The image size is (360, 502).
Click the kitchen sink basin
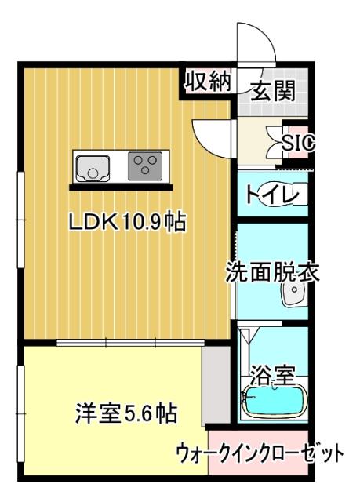tap(92, 167)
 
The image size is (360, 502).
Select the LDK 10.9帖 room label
tap(126, 223)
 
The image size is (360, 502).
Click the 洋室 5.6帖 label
tap(125, 413)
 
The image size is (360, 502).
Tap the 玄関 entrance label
tap(273, 92)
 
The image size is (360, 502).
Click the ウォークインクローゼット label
tap(259, 453)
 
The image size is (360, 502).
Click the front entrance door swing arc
tap(256, 43)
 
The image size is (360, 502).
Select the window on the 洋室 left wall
tap(20, 412)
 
